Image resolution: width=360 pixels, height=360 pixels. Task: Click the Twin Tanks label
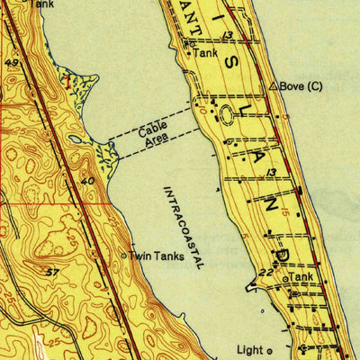coord(157,256)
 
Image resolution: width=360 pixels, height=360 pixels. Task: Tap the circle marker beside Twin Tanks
coord(124,256)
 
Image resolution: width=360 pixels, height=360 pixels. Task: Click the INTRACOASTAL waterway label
coord(184,228)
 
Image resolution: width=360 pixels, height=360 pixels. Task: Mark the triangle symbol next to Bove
coord(273,86)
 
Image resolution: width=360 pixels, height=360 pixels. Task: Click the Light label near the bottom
coord(250,349)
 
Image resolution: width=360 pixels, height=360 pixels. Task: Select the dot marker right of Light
coord(269,349)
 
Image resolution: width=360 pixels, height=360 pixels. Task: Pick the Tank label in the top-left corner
coord(40,4)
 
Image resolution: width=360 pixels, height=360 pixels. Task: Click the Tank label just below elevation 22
coord(301,278)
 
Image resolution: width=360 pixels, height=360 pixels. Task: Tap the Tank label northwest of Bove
coord(206,53)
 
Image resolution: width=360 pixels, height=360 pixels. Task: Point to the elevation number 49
coord(12,63)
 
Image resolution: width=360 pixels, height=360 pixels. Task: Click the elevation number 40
coord(87,182)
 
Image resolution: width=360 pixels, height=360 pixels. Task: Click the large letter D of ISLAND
coord(280,256)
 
